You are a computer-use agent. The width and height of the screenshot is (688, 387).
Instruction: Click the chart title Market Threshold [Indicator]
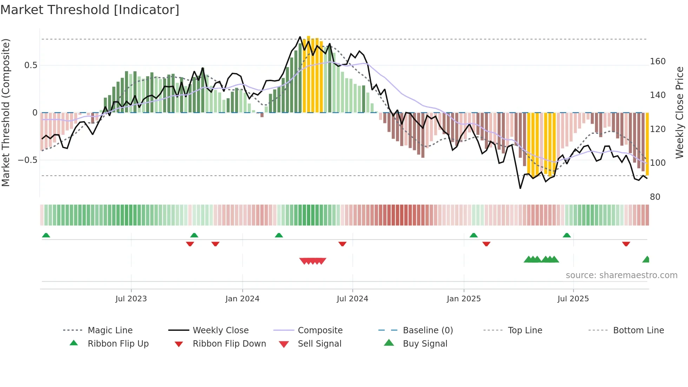point(90,10)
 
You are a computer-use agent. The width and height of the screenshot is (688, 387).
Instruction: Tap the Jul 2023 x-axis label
point(131,299)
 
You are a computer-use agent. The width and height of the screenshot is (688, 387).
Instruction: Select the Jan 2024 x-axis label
point(242,299)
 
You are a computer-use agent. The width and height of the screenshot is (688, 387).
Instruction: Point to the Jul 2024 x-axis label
point(352,299)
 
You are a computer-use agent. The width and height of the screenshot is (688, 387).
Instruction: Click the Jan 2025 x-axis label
point(464,299)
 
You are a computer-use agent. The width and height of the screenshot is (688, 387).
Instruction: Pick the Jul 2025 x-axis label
point(573,299)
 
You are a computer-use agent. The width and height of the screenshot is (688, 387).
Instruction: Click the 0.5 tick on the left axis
point(31,65)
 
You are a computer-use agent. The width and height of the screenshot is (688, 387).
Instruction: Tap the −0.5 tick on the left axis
point(28,160)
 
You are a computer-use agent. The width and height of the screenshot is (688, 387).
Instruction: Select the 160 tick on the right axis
point(658,61)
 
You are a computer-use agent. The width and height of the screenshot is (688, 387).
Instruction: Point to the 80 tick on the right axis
point(655,197)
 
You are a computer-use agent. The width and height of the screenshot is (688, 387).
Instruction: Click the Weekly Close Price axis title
point(680,112)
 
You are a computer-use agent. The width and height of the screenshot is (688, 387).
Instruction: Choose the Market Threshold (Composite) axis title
point(6,112)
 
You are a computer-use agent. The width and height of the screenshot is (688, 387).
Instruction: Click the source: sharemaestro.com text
point(621,275)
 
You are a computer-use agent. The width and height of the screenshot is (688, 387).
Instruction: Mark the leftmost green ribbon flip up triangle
point(46,235)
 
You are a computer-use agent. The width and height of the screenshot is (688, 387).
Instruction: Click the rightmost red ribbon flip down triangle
point(626,244)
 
